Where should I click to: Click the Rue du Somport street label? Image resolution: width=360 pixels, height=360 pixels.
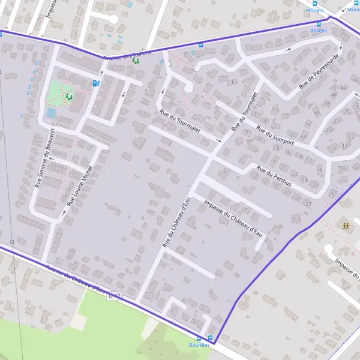point(275,135)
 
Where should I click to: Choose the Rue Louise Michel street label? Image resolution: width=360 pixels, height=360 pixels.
point(80,186)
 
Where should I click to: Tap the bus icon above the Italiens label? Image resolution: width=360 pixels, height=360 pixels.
point(318,23)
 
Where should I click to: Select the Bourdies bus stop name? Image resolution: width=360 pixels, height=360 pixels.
point(199,345)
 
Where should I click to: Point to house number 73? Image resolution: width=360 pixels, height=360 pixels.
point(272,17)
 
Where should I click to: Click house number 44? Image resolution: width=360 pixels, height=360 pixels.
point(343,88)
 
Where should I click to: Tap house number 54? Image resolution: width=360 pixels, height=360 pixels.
point(303,136)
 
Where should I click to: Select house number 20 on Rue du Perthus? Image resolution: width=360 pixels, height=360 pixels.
point(316,185)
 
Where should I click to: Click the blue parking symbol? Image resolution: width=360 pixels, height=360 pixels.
point(95,83)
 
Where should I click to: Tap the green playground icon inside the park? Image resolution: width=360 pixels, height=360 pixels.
point(69,95)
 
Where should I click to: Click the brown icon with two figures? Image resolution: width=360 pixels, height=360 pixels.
point(346,226)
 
